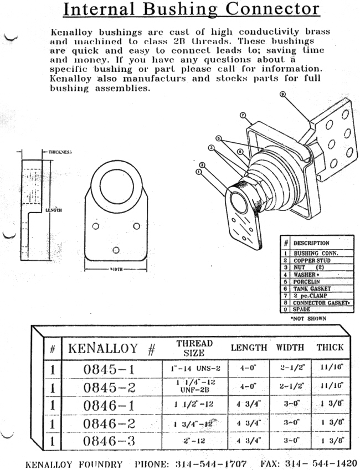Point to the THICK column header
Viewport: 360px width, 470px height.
click(x=330, y=348)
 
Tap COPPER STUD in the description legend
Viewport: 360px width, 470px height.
click(x=312, y=260)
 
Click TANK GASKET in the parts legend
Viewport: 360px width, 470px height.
click(x=311, y=288)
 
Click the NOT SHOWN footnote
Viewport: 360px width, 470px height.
click(x=309, y=318)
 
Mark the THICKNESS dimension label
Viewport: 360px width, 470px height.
click(x=60, y=151)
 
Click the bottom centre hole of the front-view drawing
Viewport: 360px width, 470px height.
click(x=116, y=250)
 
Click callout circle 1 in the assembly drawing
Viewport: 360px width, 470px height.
click(x=198, y=172)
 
